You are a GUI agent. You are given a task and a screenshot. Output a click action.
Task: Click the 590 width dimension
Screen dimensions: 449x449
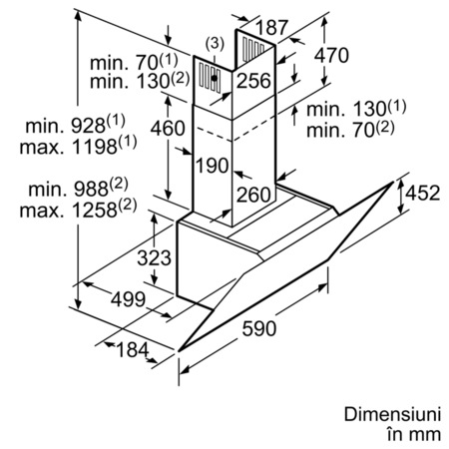click(259, 328)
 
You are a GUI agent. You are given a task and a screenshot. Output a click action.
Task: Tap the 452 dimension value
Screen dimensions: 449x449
click(423, 193)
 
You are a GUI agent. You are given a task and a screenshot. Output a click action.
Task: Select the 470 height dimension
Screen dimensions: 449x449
click(331, 55)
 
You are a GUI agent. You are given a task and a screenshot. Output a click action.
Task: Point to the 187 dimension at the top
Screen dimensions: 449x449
click(271, 27)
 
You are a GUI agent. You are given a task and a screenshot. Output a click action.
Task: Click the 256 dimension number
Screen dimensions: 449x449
click(253, 81)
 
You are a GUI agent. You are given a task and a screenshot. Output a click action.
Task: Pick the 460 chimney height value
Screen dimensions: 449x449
click(168, 129)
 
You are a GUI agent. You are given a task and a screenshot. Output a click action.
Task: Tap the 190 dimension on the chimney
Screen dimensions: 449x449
click(213, 166)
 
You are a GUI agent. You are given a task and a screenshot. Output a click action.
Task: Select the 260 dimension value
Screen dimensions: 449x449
click(253, 195)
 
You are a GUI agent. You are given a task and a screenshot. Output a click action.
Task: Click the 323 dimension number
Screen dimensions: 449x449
click(154, 257)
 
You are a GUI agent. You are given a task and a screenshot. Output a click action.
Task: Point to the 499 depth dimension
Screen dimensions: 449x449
click(128, 299)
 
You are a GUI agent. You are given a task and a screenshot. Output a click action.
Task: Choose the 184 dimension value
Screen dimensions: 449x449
click(132, 350)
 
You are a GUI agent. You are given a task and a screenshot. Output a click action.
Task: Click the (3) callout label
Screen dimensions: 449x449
click(215, 43)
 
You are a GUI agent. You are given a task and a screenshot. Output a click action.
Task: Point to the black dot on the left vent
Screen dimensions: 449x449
click(215, 78)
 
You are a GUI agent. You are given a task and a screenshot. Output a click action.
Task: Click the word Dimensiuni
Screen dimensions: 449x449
click(392, 414)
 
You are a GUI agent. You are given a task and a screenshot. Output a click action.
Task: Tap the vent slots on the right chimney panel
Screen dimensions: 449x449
click(252, 49)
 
